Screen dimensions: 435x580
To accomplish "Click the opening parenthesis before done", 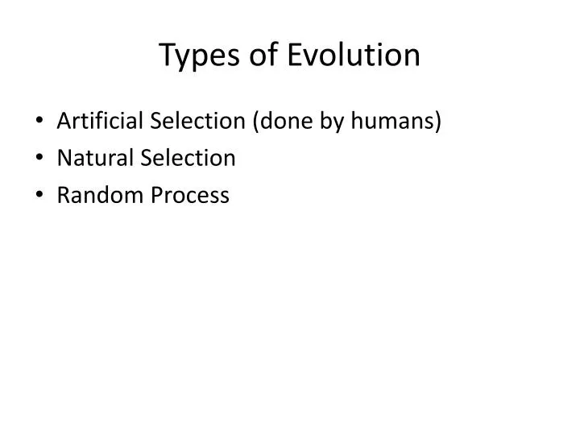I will pyautogui.click(x=255, y=122).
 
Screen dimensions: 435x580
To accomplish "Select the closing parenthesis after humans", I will pyautogui.click(x=439, y=122).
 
